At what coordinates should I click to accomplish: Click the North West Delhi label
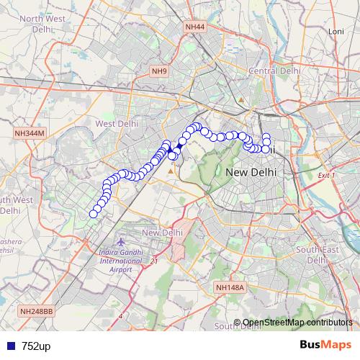pyautogui.click(x=35, y=26)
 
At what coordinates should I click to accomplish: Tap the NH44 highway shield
pyautogui.click(x=194, y=27)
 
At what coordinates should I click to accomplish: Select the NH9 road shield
pyautogui.click(x=159, y=71)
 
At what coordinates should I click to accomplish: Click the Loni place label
pyautogui.click(x=336, y=32)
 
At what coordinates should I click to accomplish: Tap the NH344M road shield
pyautogui.click(x=30, y=133)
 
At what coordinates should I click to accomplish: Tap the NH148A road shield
pyautogui.click(x=230, y=288)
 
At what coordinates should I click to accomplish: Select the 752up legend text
pyautogui.click(x=36, y=346)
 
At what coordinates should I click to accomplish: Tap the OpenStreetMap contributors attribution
pyautogui.click(x=296, y=323)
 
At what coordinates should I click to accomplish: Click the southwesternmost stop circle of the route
pyautogui.click(x=93, y=214)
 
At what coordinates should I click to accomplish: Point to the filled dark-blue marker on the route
pyautogui.click(x=179, y=145)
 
